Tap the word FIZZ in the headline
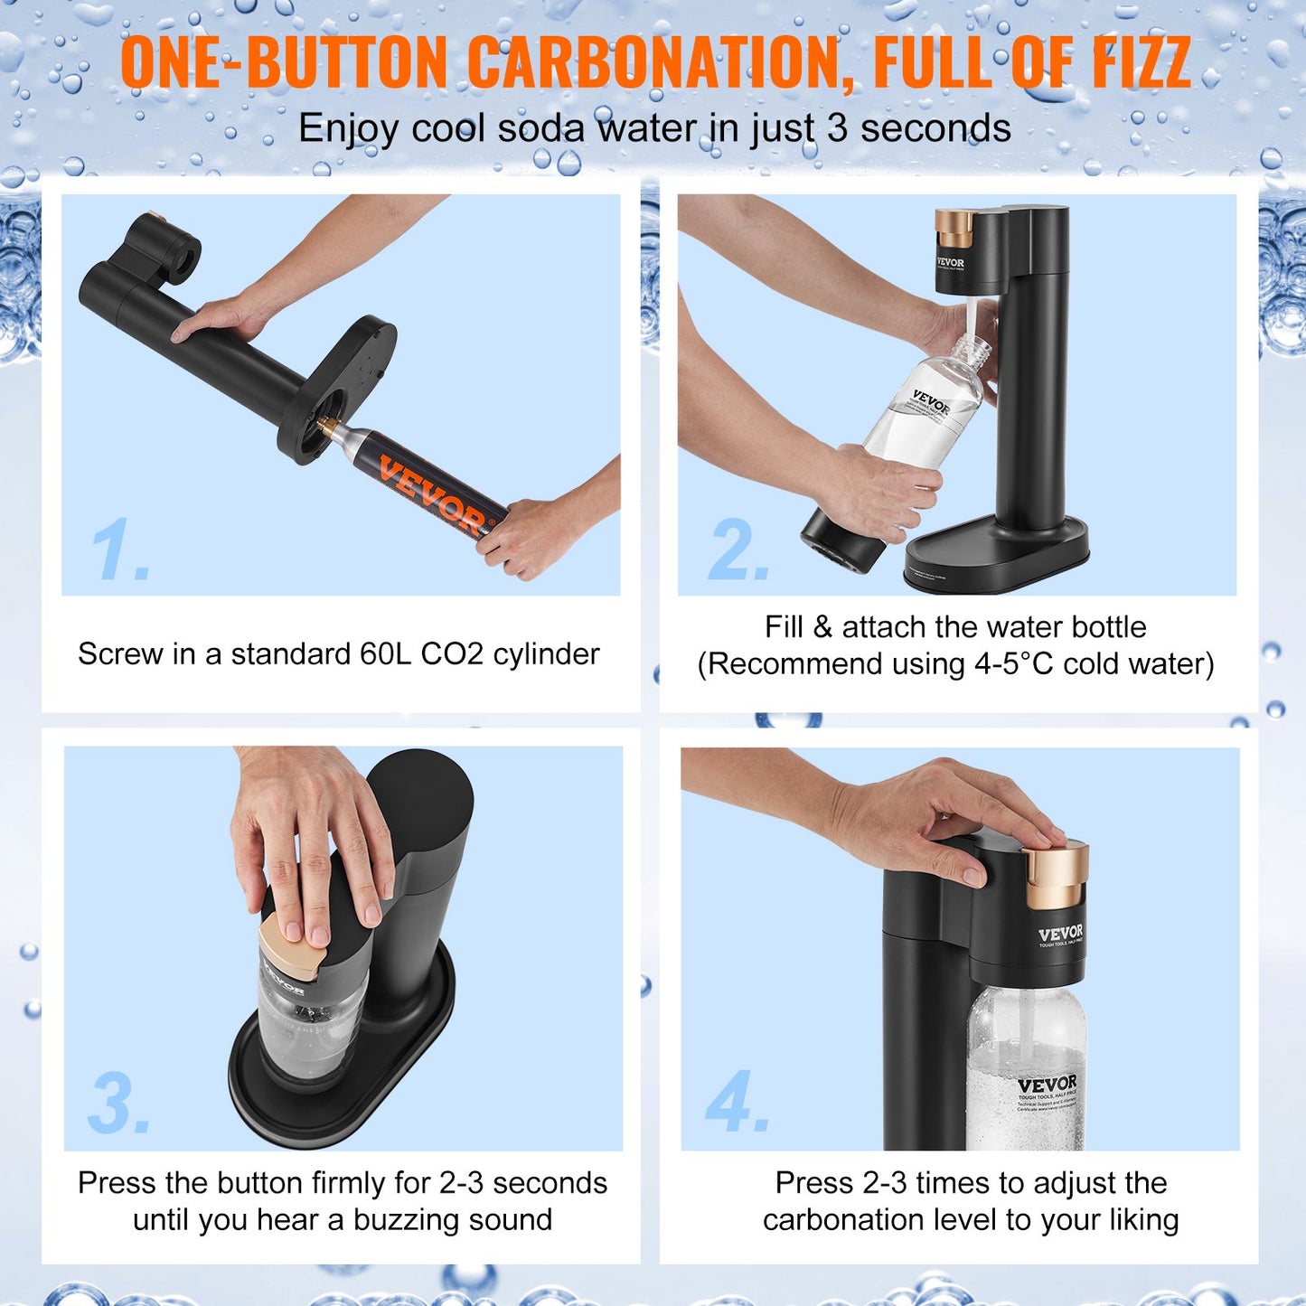click(x=1140, y=63)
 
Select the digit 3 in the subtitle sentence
click(x=837, y=128)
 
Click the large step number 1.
click(x=119, y=550)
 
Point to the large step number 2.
click(x=738, y=550)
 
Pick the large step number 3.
click(x=119, y=1104)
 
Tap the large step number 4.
click(x=738, y=1102)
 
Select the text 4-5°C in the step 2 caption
click(x=1013, y=664)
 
